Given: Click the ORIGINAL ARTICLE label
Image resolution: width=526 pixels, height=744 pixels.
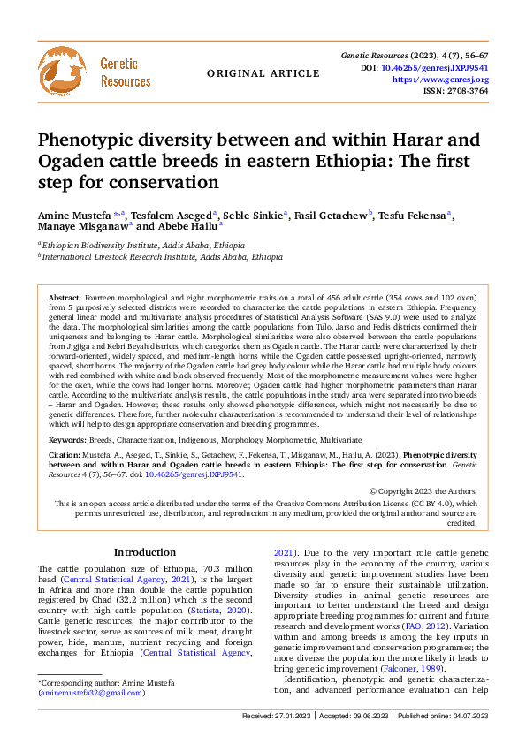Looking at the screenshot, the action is [250, 73].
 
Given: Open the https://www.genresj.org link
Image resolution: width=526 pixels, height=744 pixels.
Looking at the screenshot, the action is [439, 80].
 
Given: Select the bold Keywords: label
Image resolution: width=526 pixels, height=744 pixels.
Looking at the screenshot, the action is [68, 439].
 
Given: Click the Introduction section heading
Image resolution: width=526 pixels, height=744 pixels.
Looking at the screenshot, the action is [145, 552].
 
